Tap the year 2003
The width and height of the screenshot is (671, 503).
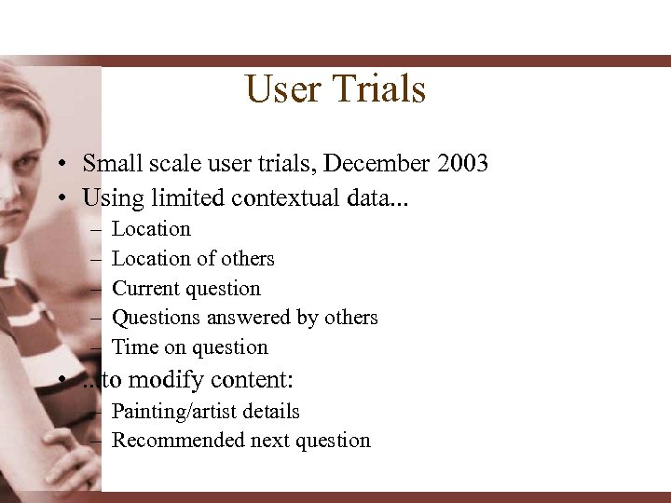459,164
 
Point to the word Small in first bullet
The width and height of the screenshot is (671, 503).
110,164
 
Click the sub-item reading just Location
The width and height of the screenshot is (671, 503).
151,229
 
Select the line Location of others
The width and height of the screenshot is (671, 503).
193,259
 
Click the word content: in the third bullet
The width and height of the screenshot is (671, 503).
253,379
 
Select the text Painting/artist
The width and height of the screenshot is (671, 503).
176,412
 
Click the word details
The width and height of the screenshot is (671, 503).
270,412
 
